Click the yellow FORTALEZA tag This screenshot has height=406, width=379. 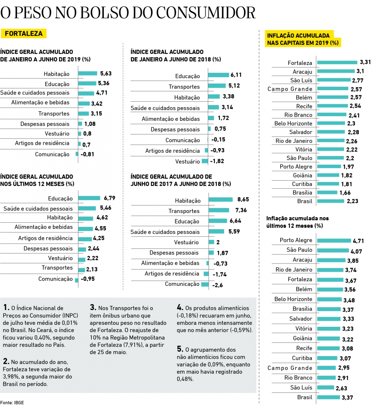[24, 34]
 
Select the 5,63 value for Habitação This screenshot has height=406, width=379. [106, 74]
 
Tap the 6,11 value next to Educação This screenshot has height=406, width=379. [236, 75]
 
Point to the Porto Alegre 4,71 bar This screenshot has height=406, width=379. [334, 240]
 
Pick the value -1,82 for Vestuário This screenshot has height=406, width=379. [217, 161]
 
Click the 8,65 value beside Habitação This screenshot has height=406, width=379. [243, 200]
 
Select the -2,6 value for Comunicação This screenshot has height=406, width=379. [217, 285]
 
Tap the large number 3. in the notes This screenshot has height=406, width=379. [93, 307]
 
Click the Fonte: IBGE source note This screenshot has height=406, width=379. [12, 403]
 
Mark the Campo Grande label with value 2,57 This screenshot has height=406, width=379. [290, 89]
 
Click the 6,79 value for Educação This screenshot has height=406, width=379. [109, 198]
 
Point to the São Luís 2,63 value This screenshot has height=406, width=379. [341, 388]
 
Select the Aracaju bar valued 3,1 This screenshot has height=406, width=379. [336, 71]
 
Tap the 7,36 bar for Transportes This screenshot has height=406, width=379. [219, 210]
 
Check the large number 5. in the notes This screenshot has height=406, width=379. [180, 349]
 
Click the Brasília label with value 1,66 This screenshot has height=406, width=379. [302, 193]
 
